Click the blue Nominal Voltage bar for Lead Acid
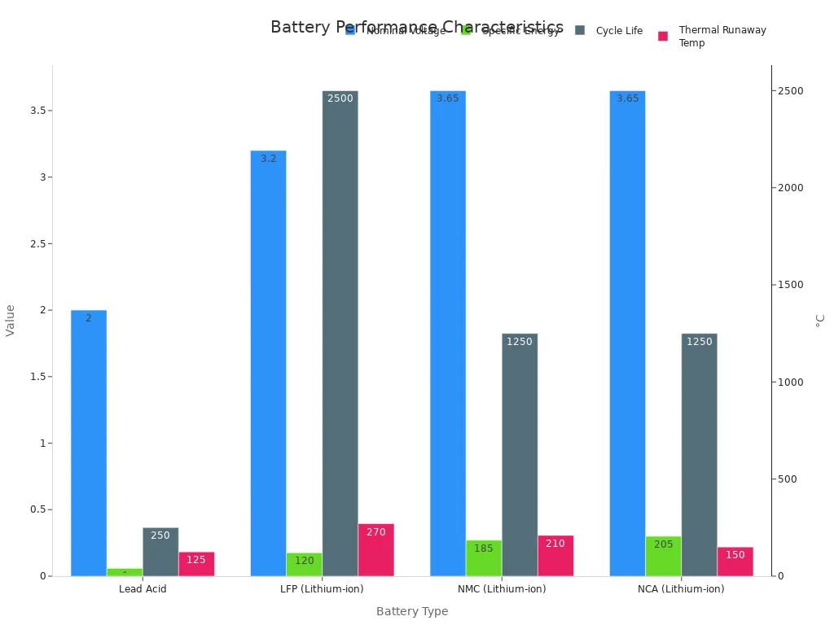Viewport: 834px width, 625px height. click(x=88, y=443)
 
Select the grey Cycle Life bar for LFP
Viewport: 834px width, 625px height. click(x=340, y=334)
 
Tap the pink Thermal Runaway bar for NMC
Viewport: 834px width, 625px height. click(x=555, y=556)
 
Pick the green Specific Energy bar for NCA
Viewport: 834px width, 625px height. click(x=663, y=557)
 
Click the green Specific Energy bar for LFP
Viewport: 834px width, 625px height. click(x=304, y=565)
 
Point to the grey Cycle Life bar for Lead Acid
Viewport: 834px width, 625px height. click(x=160, y=552)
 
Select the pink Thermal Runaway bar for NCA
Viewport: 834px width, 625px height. click(x=735, y=562)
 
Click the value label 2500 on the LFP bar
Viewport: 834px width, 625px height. click(x=340, y=98)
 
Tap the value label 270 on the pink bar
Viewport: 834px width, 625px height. click(x=375, y=532)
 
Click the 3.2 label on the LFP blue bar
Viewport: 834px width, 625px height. click(x=269, y=159)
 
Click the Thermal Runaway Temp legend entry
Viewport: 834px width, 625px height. click(x=722, y=37)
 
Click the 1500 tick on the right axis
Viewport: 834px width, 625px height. click(x=788, y=285)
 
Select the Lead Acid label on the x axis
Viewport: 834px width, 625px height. click(x=143, y=589)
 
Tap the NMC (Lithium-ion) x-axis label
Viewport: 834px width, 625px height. click(x=502, y=589)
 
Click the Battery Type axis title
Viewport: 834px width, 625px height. click(x=412, y=611)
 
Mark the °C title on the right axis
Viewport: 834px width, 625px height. click(x=820, y=321)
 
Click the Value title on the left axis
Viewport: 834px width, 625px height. click(x=11, y=321)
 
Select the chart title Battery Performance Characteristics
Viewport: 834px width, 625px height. click(x=416, y=27)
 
